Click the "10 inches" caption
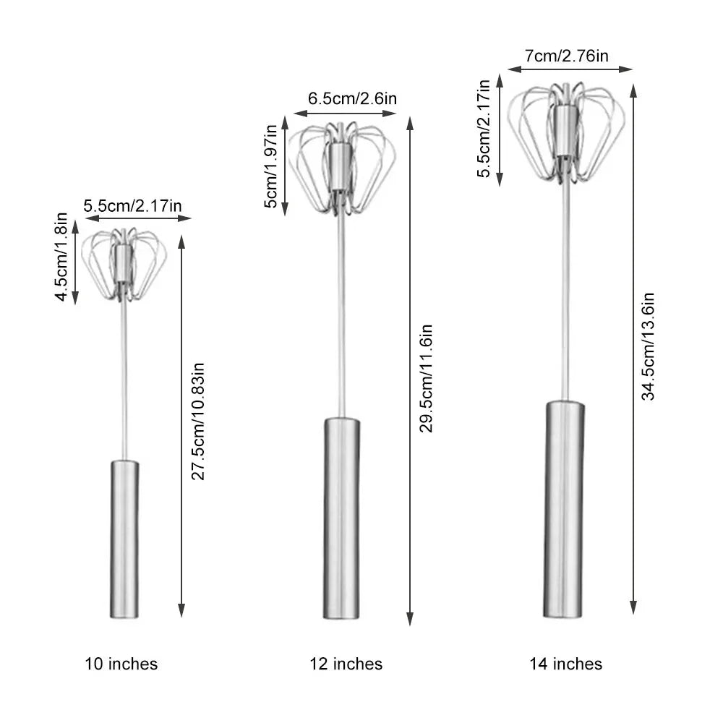click(x=121, y=664)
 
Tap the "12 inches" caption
click(x=346, y=664)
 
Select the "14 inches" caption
click(x=566, y=664)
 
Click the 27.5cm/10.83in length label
click(x=198, y=422)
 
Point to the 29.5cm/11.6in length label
click(x=426, y=378)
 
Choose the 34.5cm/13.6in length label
click(x=648, y=346)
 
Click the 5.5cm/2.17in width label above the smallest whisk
click(x=133, y=205)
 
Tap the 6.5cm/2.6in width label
click(x=352, y=98)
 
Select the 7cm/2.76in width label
click(x=567, y=56)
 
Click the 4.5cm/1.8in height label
click(x=61, y=257)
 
